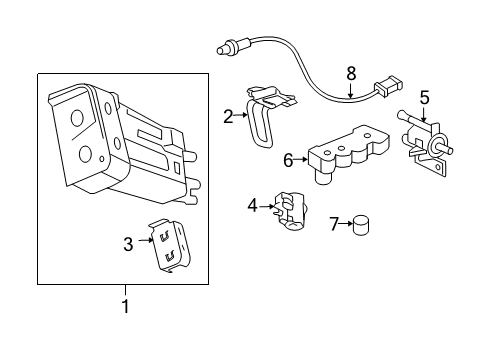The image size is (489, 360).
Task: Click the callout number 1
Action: [124, 306]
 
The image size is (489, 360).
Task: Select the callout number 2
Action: [228, 116]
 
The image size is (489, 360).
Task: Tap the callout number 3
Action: [128, 243]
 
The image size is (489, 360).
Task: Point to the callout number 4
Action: [252, 206]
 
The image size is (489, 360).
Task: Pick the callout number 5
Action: [424, 98]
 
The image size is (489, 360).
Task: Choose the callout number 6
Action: [289, 158]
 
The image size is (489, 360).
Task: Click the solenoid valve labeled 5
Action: [424, 143]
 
